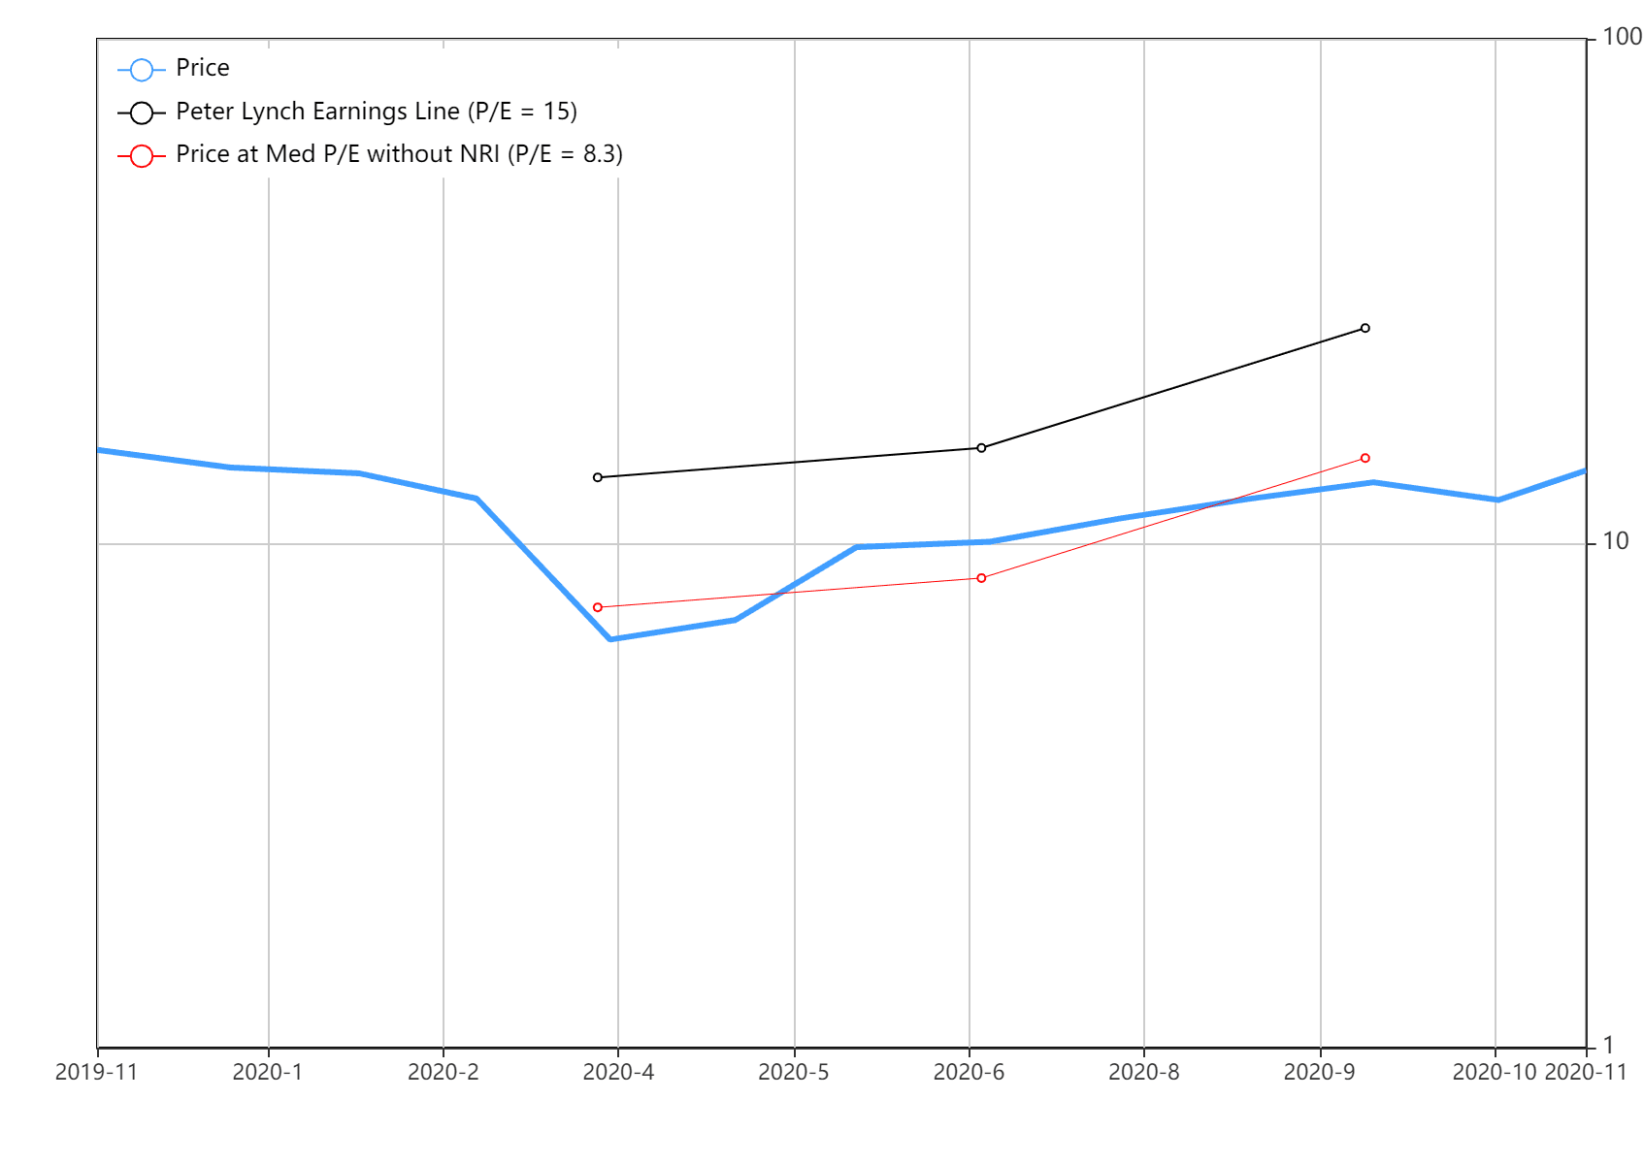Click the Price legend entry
pyautogui.click(x=173, y=68)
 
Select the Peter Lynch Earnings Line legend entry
pyautogui.click(x=347, y=112)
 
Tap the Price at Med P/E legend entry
pyautogui.click(x=370, y=154)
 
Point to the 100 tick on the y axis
pyautogui.click(x=1622, y=37)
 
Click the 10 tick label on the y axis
pyautogui.click(x=1615, y=541)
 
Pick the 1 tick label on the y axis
pyautogui.click(x=1608, y=1045)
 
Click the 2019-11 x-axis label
pyautogui.click(x=97, y=1072)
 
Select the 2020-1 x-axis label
pyautogui.click(x=268, y=1072)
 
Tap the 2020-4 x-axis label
pyautogui.click(x=618, y=1072)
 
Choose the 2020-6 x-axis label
pyautogui.click(x=969, y=1072)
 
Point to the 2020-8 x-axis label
pyautogui.click(x=1143, y=1072)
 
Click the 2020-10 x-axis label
pyautogui.click(x=1495, y=1072)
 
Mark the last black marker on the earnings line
pyautogui.click(x=1365, y=329)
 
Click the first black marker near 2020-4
pyautogui.click(x=598, y=477)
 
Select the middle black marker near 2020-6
pyautogui.click(x=981, y=448)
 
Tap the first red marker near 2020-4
pyautogui.click(x=598, y=607)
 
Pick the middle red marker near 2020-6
pyautogui.click(x=981, y=579)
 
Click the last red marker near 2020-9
pyautogui.click(x=1365, y=459)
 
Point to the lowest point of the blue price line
pyautogui.click(x=610, y=639)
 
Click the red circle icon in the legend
pyautogui.click(x=142, y=156)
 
